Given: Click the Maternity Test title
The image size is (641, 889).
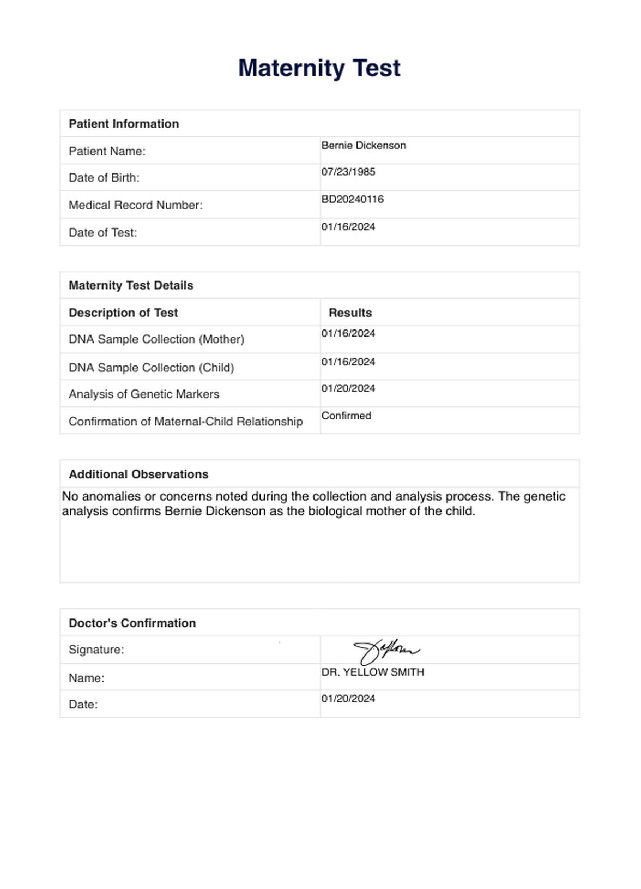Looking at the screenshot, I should pyautogui.click(x=319, y=68).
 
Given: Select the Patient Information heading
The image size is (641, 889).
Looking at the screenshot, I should pyautogui.click(x=124, y=124).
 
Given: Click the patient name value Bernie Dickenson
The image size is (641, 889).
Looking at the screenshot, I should pyautogui.click(x=364, y=146).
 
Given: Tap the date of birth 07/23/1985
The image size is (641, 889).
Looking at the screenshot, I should pyautogui.click(x=348, y=172).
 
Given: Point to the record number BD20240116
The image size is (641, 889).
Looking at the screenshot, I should pyautogui.click(x=353, y=199).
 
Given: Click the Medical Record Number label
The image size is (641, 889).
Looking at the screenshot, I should pyautogui.click(x=136, y=205).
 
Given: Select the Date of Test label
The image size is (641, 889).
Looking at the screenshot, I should pyautogui.click(x=103, y=232).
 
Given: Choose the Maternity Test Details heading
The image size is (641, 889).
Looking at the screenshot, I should pyautogui.click(x=131, y=285).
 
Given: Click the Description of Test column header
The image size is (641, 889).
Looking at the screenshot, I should pyautogui.click(x=123, y=313).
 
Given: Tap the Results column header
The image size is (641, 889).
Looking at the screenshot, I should pyautogui.click(x=350, y=313).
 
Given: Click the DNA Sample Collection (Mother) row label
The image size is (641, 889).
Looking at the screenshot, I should pyautogui.click(x=156, y=339).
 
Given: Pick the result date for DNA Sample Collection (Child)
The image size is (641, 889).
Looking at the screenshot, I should pyautogui.click(x=348, y=362).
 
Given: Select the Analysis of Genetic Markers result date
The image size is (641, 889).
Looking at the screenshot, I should pyautogui.click(x=348, y=388).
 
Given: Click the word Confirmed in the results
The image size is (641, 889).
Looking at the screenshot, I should pyautogui.click(x=346, y=416).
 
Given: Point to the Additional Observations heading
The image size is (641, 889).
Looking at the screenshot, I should pyautogui.click(x=138, y=474).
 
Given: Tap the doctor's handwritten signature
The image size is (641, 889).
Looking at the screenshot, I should pyautogui.click(x=386, y=651).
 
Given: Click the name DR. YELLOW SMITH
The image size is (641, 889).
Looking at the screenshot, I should pyautogui.click(x=373, y=672).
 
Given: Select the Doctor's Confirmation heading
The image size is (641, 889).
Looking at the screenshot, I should pyautogui.click(x=132, y=623).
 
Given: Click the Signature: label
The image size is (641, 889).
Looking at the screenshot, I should pyautogui.click(x=96, y=650).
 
